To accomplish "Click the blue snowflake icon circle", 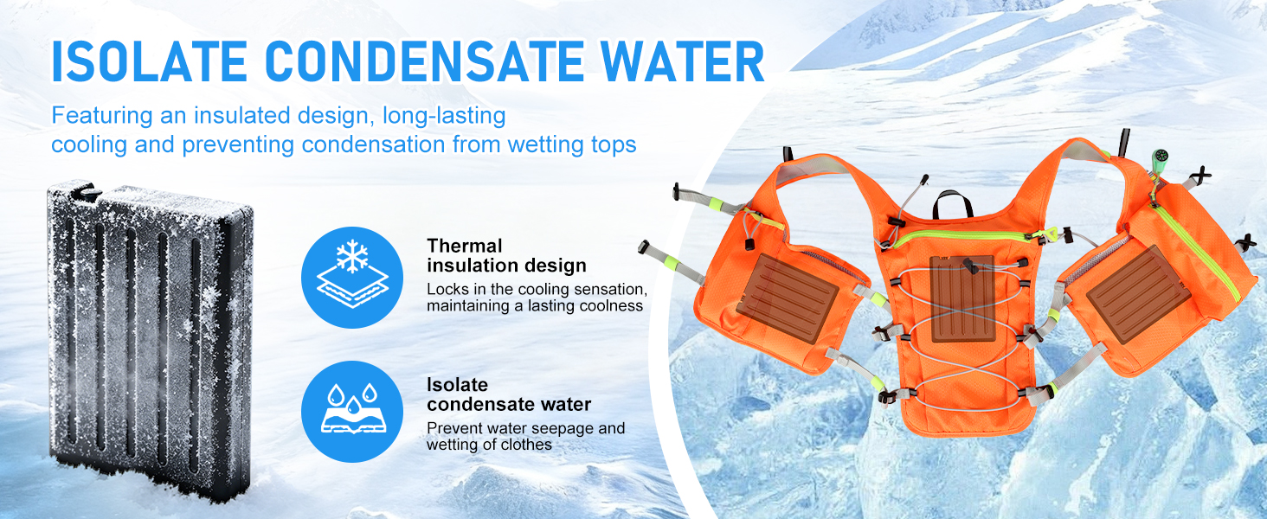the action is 352,278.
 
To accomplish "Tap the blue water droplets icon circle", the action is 352,412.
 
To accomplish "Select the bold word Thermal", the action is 465,246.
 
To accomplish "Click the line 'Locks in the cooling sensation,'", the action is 537,289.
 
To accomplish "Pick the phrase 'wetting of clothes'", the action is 489,445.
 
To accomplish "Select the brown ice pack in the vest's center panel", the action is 962,298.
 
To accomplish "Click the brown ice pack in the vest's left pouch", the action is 788,298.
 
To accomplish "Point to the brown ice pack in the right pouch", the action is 1138,295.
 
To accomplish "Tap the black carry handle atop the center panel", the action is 953,202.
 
